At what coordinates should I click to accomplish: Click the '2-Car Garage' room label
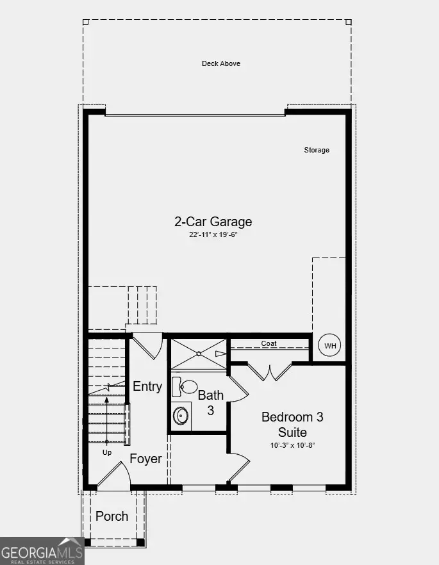click(x=213, y=222)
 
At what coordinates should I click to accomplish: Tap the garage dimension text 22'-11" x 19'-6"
click(x=213, y=235)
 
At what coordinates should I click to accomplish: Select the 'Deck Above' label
click(x=220, y=63)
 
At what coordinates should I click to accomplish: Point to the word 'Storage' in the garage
click(x=317, y=150)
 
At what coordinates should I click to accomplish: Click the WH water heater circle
click(x=330, y=346)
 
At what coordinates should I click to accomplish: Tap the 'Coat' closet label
click(x=269, y=344)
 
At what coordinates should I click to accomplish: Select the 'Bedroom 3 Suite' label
click(x=292, y=424)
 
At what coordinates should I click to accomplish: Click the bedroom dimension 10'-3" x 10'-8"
click(x=292, y=445)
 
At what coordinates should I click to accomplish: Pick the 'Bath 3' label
click(x=210, y=402)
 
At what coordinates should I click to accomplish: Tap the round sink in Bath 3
click(x=181, y=415)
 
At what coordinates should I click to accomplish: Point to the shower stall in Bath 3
click(x=199, y=353)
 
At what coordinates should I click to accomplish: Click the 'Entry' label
click(x=147, y=386)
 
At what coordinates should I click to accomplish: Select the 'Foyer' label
click(x=145, y=459)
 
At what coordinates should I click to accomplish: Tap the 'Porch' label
click(x=112, y=516)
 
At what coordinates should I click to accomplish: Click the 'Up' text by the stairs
click(x=107, y=452)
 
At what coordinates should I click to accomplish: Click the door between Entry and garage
click(x=147, y=345)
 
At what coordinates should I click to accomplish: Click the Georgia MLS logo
click(x=42, y=551)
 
